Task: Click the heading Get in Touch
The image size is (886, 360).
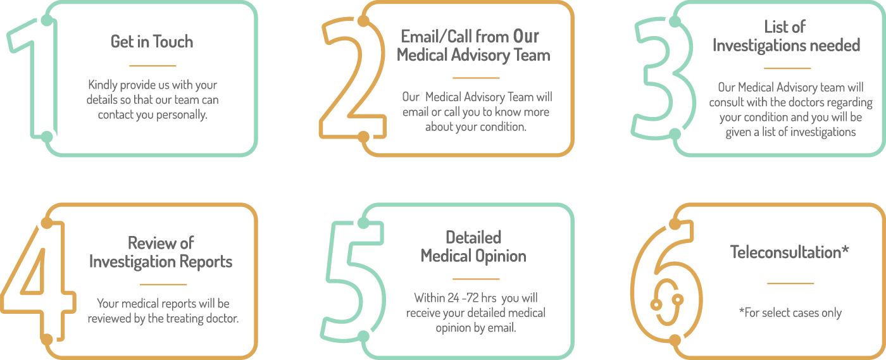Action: [x=152, y=42]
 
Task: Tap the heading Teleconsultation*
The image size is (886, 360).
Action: [x=789, y=252]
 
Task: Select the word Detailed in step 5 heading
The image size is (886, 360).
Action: [x=473, y=237]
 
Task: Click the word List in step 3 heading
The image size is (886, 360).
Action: [x=775, y=27]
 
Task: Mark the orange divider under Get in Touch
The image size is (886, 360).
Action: [x=152, y=65]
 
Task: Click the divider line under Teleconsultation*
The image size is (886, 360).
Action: [x=790, y=283]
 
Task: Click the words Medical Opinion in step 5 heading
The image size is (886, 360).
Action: [x=473, y=256]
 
